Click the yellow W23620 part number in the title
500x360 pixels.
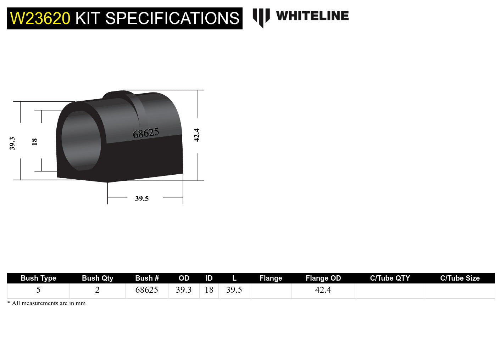40,18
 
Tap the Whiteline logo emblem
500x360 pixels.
261,17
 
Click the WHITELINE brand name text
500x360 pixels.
312,16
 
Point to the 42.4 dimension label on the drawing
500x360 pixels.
197,135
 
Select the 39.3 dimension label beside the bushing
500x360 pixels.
12,144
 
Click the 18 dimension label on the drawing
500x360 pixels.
34,142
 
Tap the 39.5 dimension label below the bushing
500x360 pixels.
142,198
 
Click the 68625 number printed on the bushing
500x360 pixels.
146,133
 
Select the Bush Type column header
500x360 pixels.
38,278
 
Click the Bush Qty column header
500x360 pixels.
98,278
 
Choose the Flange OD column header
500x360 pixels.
323,278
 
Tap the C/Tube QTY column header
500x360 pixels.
390,278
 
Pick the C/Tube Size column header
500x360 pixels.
460,278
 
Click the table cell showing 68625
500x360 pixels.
146,290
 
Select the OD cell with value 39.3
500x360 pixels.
184,290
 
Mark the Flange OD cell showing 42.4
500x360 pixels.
323,290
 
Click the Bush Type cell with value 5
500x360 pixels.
38,290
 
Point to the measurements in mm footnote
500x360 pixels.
46,303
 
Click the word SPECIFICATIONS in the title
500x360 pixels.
172,18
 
